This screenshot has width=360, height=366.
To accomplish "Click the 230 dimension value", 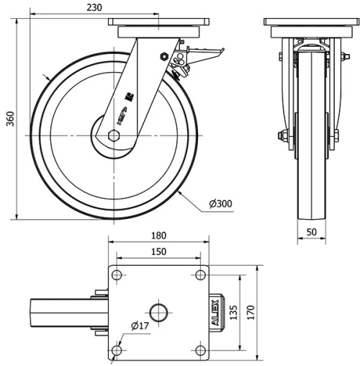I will [x=94, y=7].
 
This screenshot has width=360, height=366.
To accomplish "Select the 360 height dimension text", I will [x=9, y=118].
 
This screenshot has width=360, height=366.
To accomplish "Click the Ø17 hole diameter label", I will [x=139, y=326].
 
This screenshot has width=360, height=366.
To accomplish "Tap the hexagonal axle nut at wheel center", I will [x=113, y=135].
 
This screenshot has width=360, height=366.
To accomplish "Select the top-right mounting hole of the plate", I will [x=199, y=274].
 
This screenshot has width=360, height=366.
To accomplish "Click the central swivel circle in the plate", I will [x=158, y=312].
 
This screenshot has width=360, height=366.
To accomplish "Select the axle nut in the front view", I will [x=283, y=134].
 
